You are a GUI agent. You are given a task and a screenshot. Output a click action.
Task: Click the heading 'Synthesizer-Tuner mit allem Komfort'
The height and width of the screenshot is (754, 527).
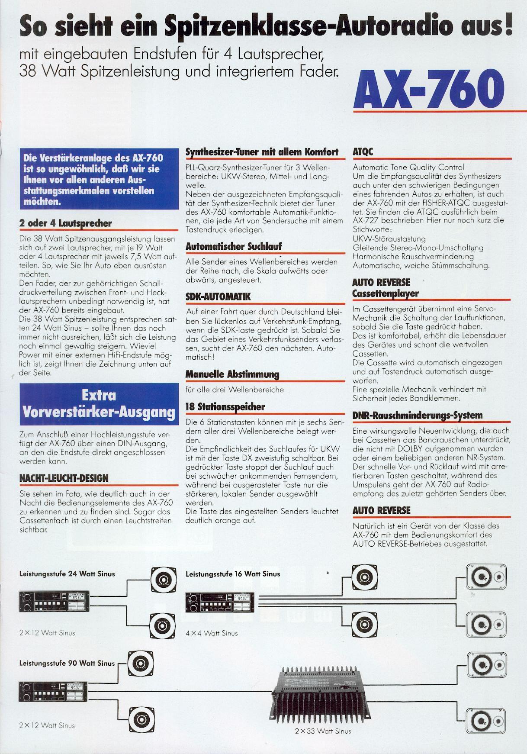coord(262,152)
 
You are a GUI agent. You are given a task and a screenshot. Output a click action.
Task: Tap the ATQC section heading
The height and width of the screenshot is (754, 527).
coord(363,152)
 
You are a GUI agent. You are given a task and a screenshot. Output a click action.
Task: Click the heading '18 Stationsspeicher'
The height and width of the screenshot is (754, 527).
coord(225,407)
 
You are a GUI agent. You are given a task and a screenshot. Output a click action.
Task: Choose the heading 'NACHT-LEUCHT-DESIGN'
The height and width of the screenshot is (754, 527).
coord(64,478)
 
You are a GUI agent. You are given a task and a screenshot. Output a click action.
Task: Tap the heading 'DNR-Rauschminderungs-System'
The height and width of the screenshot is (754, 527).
coord(417,416)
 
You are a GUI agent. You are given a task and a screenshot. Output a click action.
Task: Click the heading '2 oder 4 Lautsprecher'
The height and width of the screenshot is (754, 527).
coord(65,223)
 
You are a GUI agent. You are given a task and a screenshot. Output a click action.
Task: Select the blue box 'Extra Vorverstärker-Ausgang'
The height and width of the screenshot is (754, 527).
coord(99,403)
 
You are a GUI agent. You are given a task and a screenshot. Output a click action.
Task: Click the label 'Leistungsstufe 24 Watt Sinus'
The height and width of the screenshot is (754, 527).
coord(67,574)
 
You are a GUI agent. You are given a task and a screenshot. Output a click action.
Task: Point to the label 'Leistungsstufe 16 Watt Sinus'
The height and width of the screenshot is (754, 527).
coord(233,574)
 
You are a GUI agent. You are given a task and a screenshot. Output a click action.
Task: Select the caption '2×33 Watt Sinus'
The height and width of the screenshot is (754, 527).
coord(323,731)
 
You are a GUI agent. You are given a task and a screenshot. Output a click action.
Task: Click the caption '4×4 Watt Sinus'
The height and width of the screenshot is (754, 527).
coord(212,633)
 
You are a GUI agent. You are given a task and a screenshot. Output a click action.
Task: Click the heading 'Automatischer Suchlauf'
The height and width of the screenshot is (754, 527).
coord(234,247)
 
